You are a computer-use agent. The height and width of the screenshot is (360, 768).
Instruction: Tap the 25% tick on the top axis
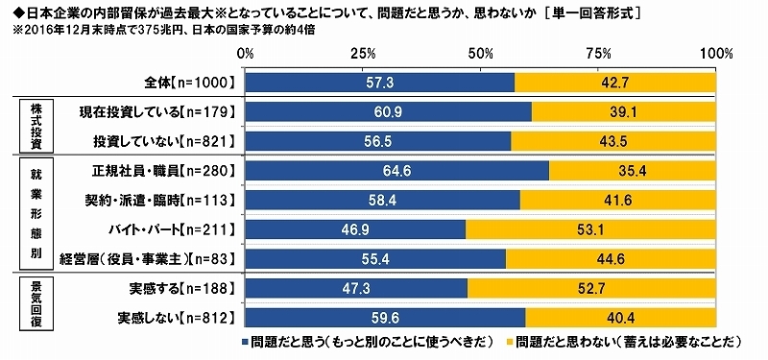pyautogui.click(x=365, y=51)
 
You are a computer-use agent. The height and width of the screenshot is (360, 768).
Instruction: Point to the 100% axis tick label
pyautogui.click(x=715, y=51)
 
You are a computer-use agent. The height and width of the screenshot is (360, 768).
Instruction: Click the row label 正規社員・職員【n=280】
pyautogui.click(x=158, y=171)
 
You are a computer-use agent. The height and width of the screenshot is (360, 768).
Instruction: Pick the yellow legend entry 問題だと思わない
pyautogui.click(x=625, y=342)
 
